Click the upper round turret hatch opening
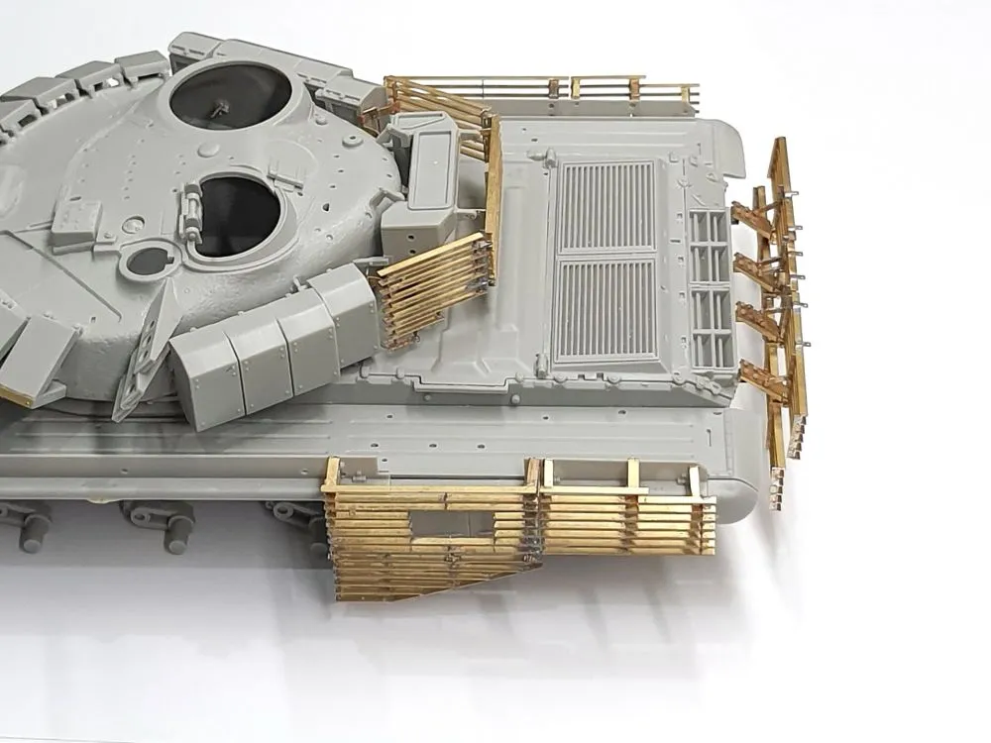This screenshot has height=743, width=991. tap(230, 96)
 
